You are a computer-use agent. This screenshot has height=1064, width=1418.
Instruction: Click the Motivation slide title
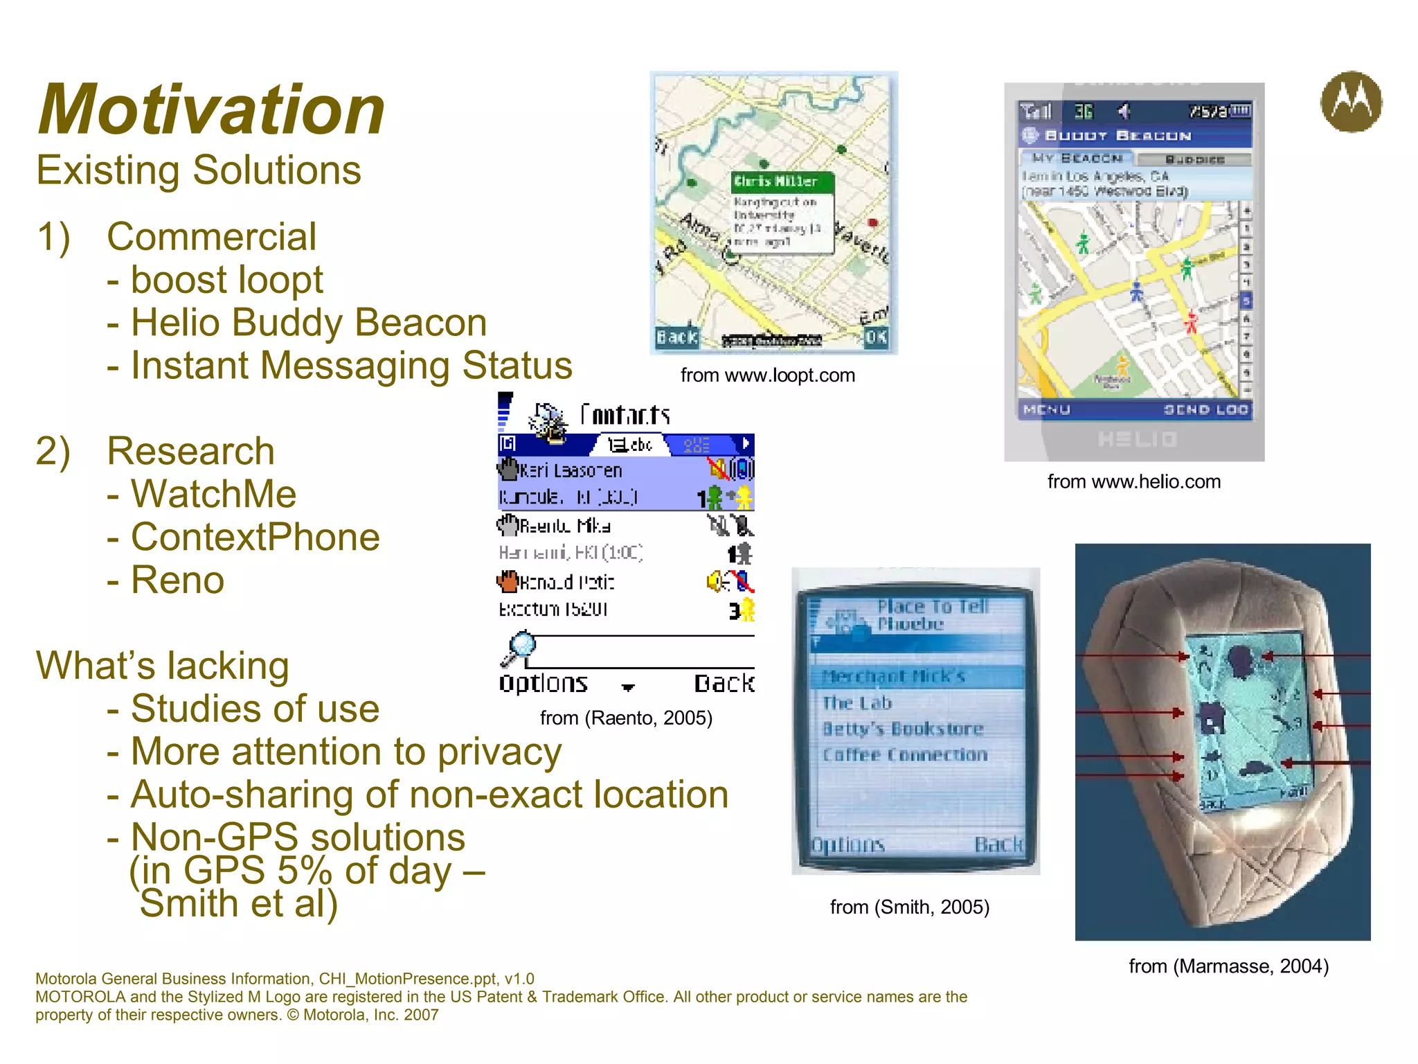(x=211, y=109)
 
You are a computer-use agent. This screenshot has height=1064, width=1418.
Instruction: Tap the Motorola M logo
(x=1351, y=102)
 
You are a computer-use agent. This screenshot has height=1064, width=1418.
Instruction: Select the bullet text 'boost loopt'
(x=226, y=280)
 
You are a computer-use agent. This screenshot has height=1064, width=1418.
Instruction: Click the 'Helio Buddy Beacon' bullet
(x=308, y=323)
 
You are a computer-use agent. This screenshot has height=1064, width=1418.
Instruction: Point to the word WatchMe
(x=213, y=495)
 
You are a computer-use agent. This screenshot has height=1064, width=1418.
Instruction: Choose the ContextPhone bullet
(x=255, y=538)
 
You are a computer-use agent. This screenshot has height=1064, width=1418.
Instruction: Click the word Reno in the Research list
(x=177, y=580)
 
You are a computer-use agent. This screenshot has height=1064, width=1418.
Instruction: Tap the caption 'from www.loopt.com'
(x=767, y=375)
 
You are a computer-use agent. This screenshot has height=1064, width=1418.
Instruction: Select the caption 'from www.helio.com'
(x=1133, y=481)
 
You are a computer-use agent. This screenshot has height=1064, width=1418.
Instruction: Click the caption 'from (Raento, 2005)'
(x=626, y=718)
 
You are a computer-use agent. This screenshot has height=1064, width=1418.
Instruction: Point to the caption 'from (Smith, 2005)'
(x=909, y=907)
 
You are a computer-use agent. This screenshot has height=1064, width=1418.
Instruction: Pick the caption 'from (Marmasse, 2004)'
(x=1228, y=966)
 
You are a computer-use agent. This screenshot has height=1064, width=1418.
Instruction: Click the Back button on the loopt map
(x=676, y=337)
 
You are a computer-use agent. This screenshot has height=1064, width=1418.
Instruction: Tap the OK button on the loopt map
(x=875, y=337)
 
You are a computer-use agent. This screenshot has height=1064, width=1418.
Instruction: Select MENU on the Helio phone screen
(x=1046, y=410)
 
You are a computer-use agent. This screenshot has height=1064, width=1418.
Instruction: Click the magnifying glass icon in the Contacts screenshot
(x=521, y=646)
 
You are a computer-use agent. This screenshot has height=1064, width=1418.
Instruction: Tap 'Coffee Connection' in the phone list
(x=905, y=755)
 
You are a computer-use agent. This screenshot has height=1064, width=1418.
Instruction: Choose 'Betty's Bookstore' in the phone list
(x=903, y=729)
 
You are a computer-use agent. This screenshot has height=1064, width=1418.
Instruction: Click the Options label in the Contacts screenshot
(x=544, y=684)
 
